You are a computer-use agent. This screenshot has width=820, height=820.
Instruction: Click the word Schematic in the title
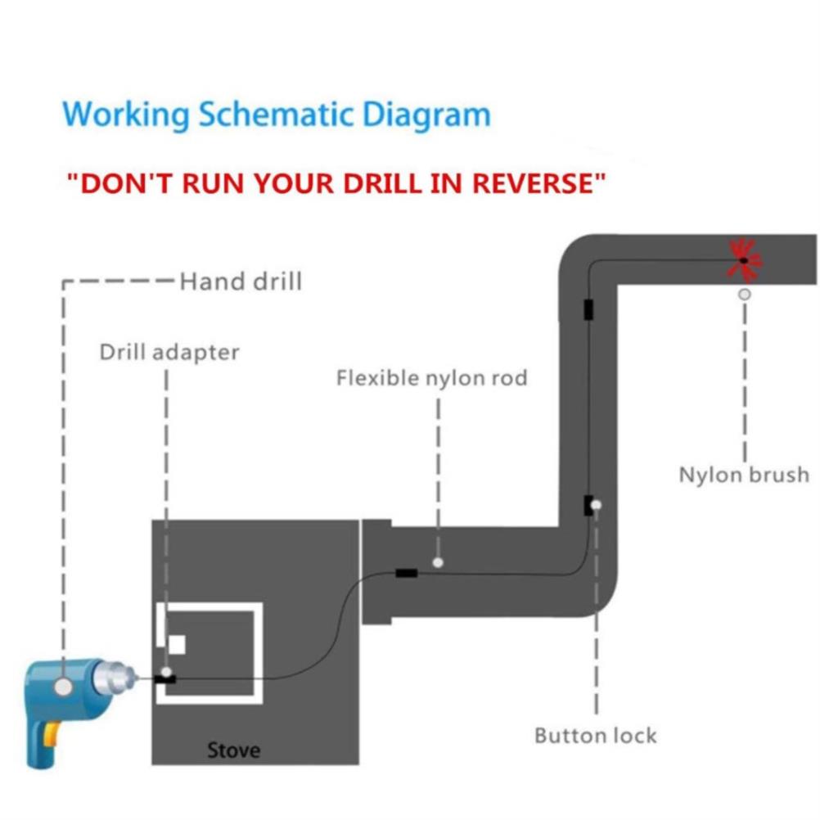click(x=276, y=114)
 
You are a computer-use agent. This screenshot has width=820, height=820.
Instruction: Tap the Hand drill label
click(x=241, y=282)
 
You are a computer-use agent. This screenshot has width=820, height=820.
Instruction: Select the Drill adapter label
click(x=169, y=352)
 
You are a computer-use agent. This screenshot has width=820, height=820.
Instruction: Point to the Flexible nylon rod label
click(x=431, y=377)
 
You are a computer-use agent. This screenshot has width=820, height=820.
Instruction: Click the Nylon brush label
click(x=744, y=475)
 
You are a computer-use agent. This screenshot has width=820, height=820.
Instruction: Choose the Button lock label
click(x=596, y=735)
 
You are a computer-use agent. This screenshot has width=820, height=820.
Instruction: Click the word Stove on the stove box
click(x=234, y=750)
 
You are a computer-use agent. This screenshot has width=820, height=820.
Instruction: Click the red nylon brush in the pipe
click(x=745, y=260)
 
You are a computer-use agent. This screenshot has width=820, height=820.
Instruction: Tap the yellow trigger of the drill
click(x=51, y=734)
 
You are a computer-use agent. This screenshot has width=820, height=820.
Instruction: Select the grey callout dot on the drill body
click(x=63, y=686)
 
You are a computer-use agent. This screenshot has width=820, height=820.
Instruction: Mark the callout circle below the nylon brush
click(x=744, y=295)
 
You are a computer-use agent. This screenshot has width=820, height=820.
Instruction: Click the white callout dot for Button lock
click(x=596, y=505)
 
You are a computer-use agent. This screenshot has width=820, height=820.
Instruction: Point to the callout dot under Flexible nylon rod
click(x=439, y=562)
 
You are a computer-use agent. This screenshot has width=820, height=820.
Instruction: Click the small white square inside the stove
click(x=177, y=645)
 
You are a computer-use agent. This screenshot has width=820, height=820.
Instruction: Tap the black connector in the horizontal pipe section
click(x=407, y=573)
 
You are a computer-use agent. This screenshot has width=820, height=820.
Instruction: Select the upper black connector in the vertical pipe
click(x=588, y=309)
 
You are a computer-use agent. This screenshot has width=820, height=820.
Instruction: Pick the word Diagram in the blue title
click(x=426, y=114)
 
